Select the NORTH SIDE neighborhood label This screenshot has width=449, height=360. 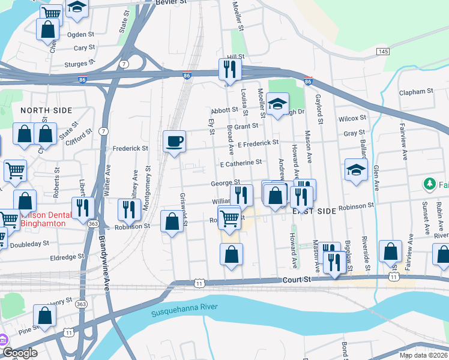point(46,110)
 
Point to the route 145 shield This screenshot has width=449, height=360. point(382,52)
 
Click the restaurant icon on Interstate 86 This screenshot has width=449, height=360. point(229,70)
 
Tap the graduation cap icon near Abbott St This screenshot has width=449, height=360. point(277,104)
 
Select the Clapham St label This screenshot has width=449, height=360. point(417,92)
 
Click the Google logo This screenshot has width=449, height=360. point(19,353)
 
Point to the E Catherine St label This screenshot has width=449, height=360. point(241,163)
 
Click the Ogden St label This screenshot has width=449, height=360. point(84,35)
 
